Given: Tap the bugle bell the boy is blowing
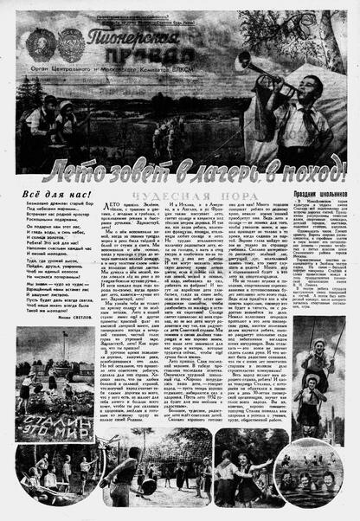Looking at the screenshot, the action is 243,61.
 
